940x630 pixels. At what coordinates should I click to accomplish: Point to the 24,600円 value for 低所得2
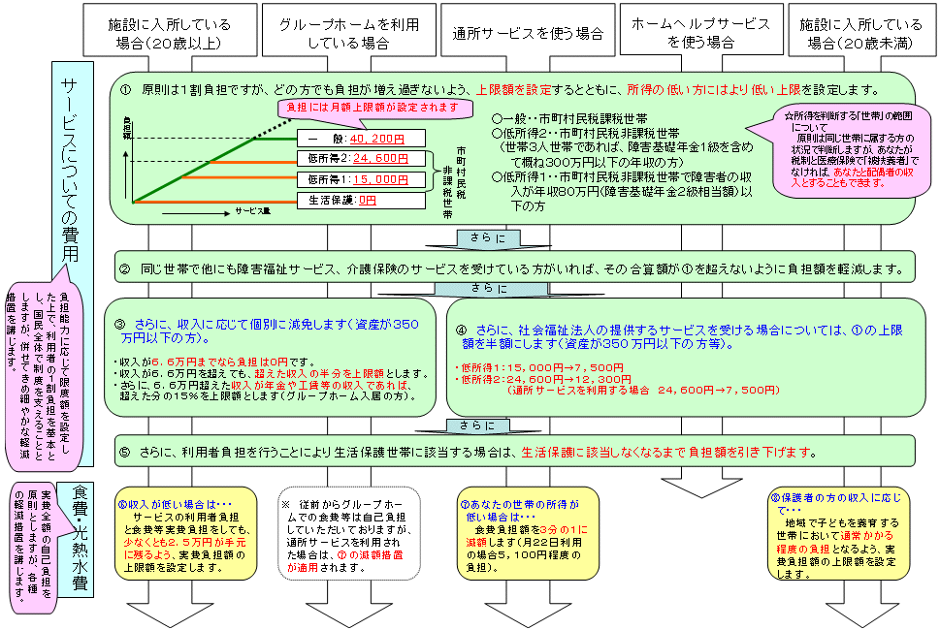[381, 158]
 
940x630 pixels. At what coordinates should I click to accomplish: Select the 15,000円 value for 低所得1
[381, 179]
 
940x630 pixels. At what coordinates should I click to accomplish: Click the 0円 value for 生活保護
[367, 201]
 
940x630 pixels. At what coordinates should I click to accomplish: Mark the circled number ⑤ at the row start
[124, 453]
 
